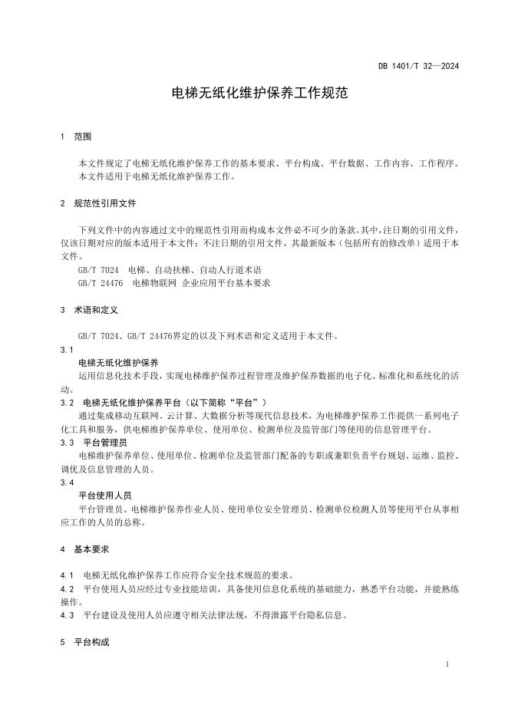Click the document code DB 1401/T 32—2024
[x=418, y=66]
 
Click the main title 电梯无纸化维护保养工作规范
[x=254, y=94]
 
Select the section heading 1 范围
[x=75, y=137]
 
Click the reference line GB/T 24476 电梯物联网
[x=174, y=283]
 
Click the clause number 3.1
[x=66, y=349]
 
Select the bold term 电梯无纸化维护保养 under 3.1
[x=119, y=362]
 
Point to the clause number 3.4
[x=66, y=483]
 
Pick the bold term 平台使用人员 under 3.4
[x=105, y=496]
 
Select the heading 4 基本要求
[x=84, y=549]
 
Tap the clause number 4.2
[x=66, y=589]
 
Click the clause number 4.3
[x=66, y=615]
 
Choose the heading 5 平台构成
[x=84, y=642]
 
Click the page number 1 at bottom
[x=447, y=664]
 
